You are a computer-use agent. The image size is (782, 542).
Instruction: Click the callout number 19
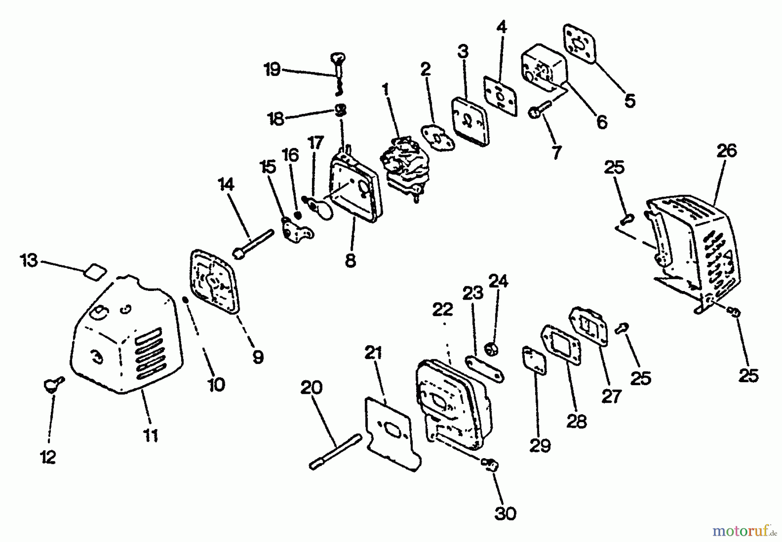[x=272, y=70]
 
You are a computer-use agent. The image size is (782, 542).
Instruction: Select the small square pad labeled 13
[x=95, y=273]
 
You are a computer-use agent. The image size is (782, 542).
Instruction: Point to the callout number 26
[x=726, y=151]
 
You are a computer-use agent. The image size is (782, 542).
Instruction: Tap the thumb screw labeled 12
[x=53, y=384]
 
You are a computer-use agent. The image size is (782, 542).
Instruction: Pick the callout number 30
[x=506, y=514]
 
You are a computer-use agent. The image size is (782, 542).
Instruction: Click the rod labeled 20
[x=335, y=452]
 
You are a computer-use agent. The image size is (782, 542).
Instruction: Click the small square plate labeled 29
[x=535, y=360]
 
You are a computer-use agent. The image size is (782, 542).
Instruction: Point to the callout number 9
[x=258, y=357]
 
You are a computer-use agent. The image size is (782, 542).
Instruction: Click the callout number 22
[x=443, y=310]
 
